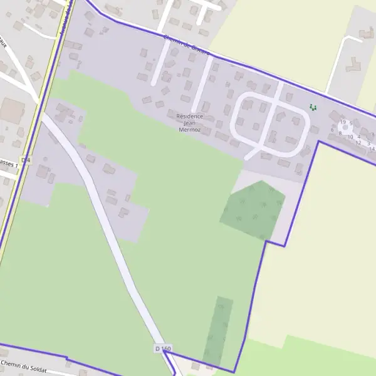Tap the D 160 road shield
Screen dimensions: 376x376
[162, 348]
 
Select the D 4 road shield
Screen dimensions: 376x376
[26, 160]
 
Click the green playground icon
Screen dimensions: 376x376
[313, 107]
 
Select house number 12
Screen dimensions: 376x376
[358, 143]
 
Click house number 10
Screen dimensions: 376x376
[350, 137]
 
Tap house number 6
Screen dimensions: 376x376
[332, 130]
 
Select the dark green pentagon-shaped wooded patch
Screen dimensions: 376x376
[253, 210]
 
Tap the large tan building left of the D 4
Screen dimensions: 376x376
[11, 111]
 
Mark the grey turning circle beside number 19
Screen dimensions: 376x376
[345, 127]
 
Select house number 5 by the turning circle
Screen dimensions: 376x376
[352, 123]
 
